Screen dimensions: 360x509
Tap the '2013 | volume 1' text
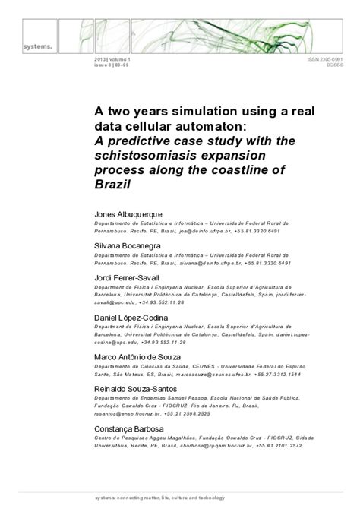tap(110, 58)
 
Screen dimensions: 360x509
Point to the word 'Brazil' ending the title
tap(115, 186)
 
